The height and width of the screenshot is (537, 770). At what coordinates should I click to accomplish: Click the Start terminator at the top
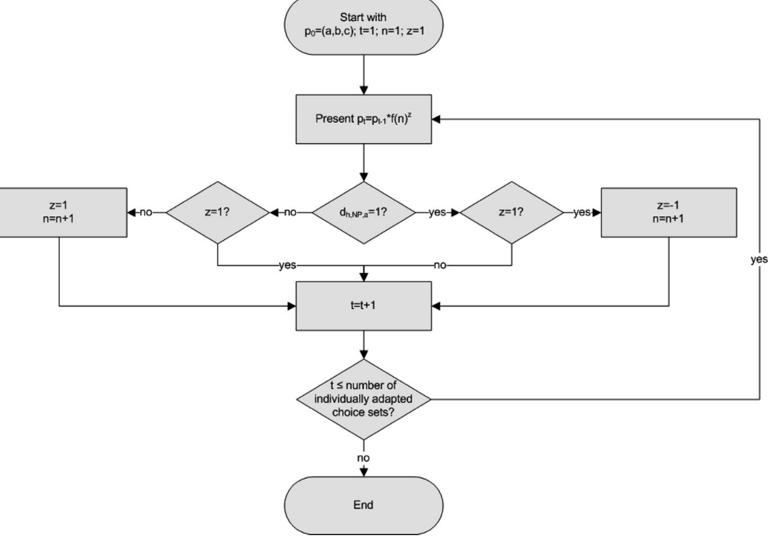[363, 25]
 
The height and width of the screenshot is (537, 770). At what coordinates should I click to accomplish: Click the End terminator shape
[363, 505]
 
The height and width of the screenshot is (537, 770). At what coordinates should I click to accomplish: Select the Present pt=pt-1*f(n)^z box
[363, 119]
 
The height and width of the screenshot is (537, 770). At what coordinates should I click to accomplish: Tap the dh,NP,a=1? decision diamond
[363, 212]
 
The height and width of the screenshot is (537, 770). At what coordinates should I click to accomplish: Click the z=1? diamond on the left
[217, 212]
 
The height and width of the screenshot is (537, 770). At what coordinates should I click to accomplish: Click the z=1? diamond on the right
[511, 212]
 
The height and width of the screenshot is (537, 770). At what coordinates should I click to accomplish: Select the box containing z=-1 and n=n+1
[668, 212]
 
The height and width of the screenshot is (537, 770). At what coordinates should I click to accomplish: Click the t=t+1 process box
[363, 306]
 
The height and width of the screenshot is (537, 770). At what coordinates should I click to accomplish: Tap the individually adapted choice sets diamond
[363, 399]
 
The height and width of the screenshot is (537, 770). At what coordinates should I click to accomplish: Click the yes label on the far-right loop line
[759, 259]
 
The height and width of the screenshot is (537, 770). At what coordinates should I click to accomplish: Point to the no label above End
[363, 458]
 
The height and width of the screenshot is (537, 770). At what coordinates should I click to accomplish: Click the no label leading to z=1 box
[146, 212]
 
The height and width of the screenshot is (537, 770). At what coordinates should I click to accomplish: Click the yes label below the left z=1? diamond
[287, 265]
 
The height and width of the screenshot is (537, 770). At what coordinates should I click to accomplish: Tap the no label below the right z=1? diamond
[440, 265]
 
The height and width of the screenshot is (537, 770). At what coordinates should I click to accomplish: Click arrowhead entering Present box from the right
[436, 119]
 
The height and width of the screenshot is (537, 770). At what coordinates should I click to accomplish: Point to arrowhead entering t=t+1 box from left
[292, 306]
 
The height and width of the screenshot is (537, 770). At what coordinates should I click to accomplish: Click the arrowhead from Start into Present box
[363, 90]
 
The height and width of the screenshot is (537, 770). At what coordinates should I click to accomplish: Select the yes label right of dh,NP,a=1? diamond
[437, 212]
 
